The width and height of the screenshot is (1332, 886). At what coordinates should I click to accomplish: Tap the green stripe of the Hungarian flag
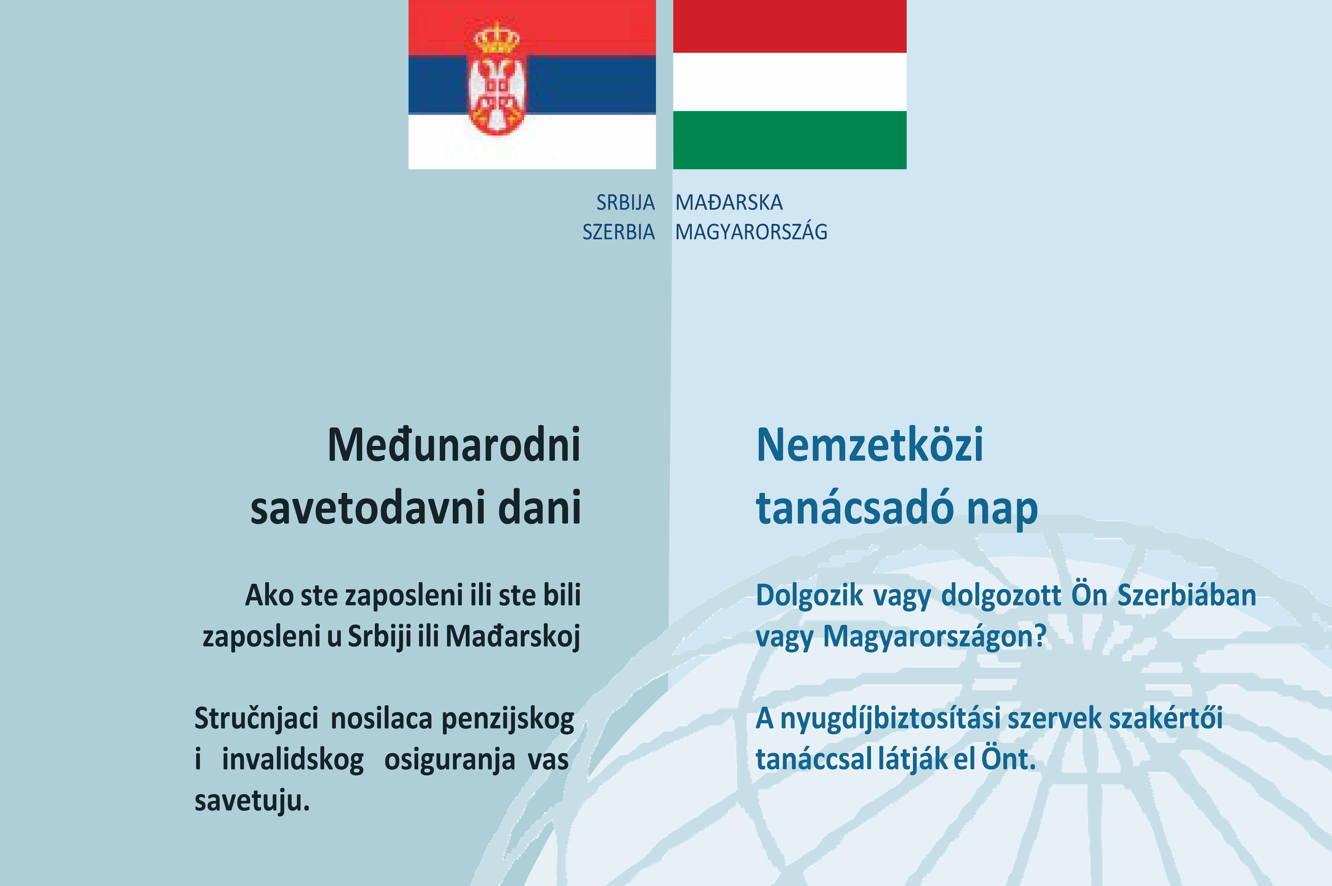789,140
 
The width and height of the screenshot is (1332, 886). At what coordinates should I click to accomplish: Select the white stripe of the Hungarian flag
789,82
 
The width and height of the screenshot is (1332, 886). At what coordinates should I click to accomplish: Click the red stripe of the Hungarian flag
789,27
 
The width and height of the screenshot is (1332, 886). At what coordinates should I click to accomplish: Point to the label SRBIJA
626,202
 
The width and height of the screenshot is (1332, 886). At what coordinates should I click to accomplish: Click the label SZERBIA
619,232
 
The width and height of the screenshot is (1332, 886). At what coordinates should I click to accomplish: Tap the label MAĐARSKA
729,202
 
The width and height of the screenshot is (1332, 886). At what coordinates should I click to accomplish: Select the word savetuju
252,801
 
